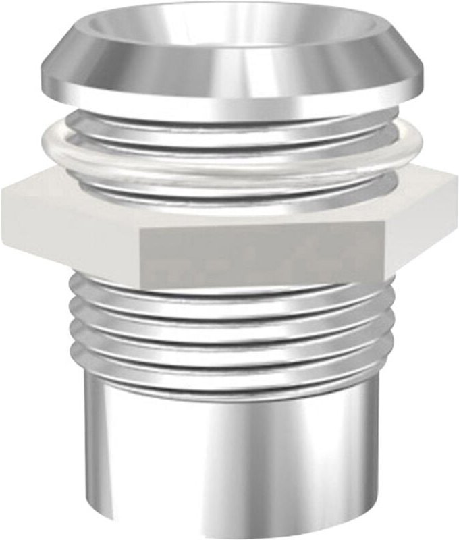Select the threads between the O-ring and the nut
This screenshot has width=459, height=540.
point(230,186)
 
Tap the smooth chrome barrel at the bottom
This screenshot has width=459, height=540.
point(230,459)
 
